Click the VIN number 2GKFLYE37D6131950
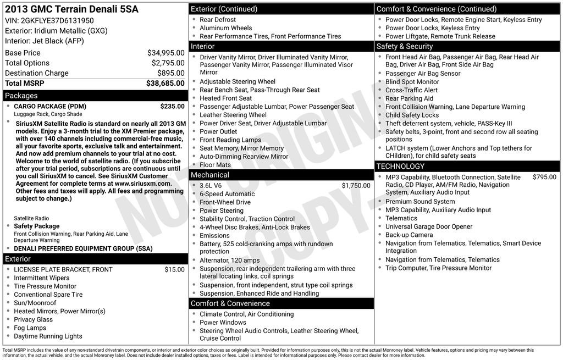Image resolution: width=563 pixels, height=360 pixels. tap(57, 21)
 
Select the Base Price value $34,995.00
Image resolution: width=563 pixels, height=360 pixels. tap(165, 53)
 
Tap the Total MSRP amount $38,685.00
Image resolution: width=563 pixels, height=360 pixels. tap(165, 83)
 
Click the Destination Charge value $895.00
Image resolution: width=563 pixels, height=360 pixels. tap(170, 73)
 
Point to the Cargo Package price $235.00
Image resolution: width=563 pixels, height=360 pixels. tap(172, 106)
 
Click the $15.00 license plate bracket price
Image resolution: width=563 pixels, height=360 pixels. tap(174, 269)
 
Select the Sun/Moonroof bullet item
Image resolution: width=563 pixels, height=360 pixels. tap(35, 303)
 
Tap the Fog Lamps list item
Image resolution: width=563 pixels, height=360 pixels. tap(30, 328)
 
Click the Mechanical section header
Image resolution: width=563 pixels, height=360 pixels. tap(209, 175)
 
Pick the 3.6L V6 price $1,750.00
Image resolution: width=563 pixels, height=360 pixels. tap(356, 186)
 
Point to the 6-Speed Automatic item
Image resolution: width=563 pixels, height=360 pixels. tap(227, 194)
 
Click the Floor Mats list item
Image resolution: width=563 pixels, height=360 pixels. tap(215, 165)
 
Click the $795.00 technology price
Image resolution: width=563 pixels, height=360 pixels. tap(544, 177)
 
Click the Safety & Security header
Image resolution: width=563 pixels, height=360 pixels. tap(405, 47)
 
